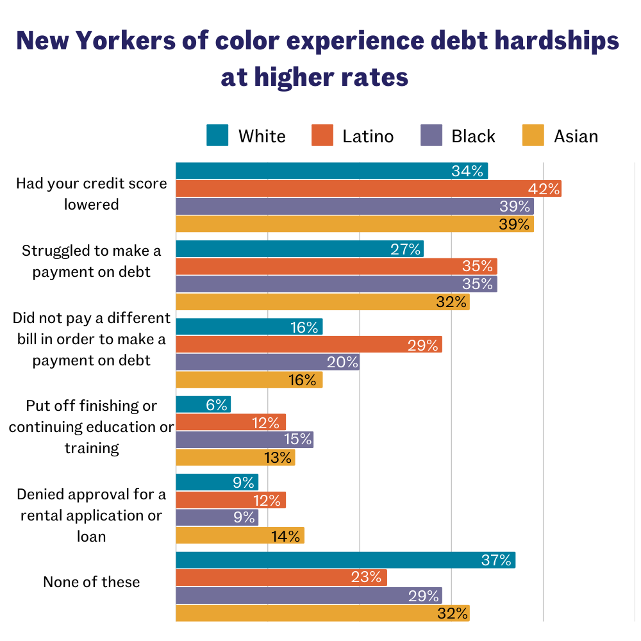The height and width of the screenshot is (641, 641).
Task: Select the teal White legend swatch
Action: point(217,136)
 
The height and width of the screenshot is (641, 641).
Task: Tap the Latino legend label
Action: point(368,137)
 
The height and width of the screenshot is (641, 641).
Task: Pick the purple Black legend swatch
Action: point(431,136)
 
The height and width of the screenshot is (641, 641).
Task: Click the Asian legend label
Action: point(576,137)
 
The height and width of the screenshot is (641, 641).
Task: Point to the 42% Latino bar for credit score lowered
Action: point(369,188)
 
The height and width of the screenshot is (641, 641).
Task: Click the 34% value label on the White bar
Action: point(467,171)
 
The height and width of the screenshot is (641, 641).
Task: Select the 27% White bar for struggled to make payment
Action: point(299,249)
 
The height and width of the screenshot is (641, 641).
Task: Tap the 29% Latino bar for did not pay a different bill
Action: point(308,345)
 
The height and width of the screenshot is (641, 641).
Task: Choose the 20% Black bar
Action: point(267,362)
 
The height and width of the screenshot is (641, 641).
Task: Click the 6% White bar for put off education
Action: point(203,404)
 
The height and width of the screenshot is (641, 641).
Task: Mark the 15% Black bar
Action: point(244,439)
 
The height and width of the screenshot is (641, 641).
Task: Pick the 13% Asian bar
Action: point(235,457)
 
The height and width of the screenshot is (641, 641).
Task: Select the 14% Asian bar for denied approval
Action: point(240,535)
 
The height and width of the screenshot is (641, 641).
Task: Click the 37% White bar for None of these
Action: point(345,560)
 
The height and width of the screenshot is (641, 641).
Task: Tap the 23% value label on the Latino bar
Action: point(367,578)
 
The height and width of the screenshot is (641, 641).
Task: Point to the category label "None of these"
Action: point(91,582)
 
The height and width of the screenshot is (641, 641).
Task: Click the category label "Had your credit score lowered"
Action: point(91,194)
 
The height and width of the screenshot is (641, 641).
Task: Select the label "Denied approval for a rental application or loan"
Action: point(91,515)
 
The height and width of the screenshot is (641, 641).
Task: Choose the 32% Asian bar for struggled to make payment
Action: point(322,301)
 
